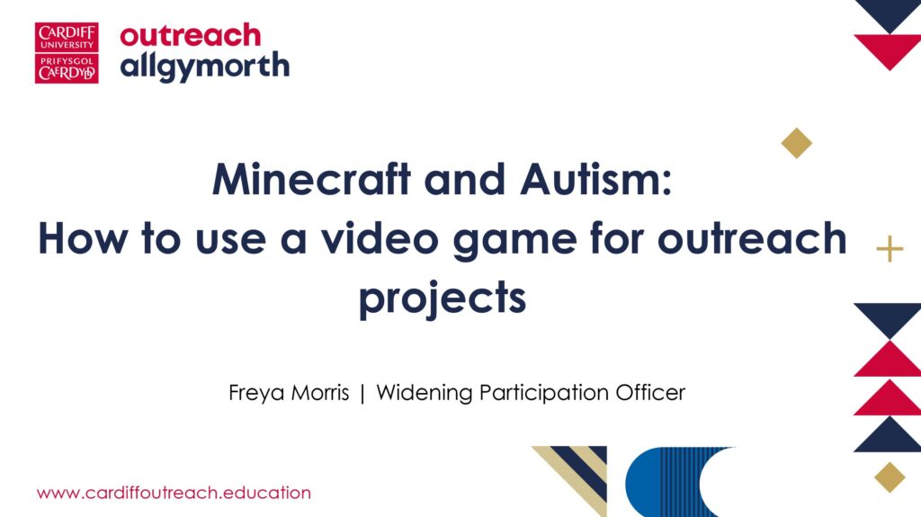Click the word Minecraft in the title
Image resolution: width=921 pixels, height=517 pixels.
[311, 179]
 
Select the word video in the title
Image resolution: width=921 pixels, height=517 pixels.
[380, 238]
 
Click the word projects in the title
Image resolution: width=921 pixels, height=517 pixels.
[443, 299]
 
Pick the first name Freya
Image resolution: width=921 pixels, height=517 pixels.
[256, 393]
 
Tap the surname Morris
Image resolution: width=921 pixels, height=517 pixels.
[320, 392]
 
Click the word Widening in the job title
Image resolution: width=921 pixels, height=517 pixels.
[425, 393]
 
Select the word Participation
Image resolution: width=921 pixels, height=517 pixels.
[544, 393]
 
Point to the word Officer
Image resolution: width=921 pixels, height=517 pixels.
[650, 392]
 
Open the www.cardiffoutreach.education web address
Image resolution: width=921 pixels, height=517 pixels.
[174, 493]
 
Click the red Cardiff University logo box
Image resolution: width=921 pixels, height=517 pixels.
[67, 53]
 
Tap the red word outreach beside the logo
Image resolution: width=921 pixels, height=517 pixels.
[191, 36]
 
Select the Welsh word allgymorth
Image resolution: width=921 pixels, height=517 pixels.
[205, 67]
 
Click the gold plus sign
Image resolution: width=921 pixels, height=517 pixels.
[890, 249]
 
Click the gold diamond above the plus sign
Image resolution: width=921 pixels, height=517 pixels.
[797, 143]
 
